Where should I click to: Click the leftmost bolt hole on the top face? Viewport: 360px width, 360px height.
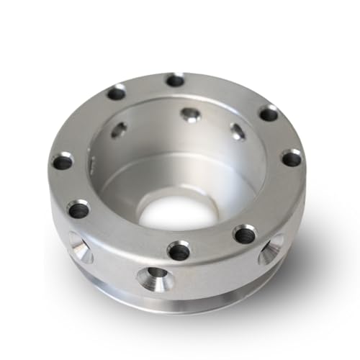pos(63,161)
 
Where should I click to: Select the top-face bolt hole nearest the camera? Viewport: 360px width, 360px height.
pos(179,251)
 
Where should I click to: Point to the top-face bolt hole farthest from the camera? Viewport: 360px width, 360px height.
pos(175,80)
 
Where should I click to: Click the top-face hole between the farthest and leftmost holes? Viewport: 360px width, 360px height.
pos(116,92)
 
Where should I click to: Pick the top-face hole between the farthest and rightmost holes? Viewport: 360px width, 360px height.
pos(268,113)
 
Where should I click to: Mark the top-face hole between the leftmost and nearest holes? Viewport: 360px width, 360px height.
pos(78,210)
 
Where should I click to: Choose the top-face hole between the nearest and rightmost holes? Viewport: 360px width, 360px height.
pos(245,233)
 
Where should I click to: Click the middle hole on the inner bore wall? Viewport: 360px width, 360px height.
pos(190,114)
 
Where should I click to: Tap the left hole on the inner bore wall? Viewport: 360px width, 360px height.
pos(120,130)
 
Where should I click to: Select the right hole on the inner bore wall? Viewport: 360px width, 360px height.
pos(237,131)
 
